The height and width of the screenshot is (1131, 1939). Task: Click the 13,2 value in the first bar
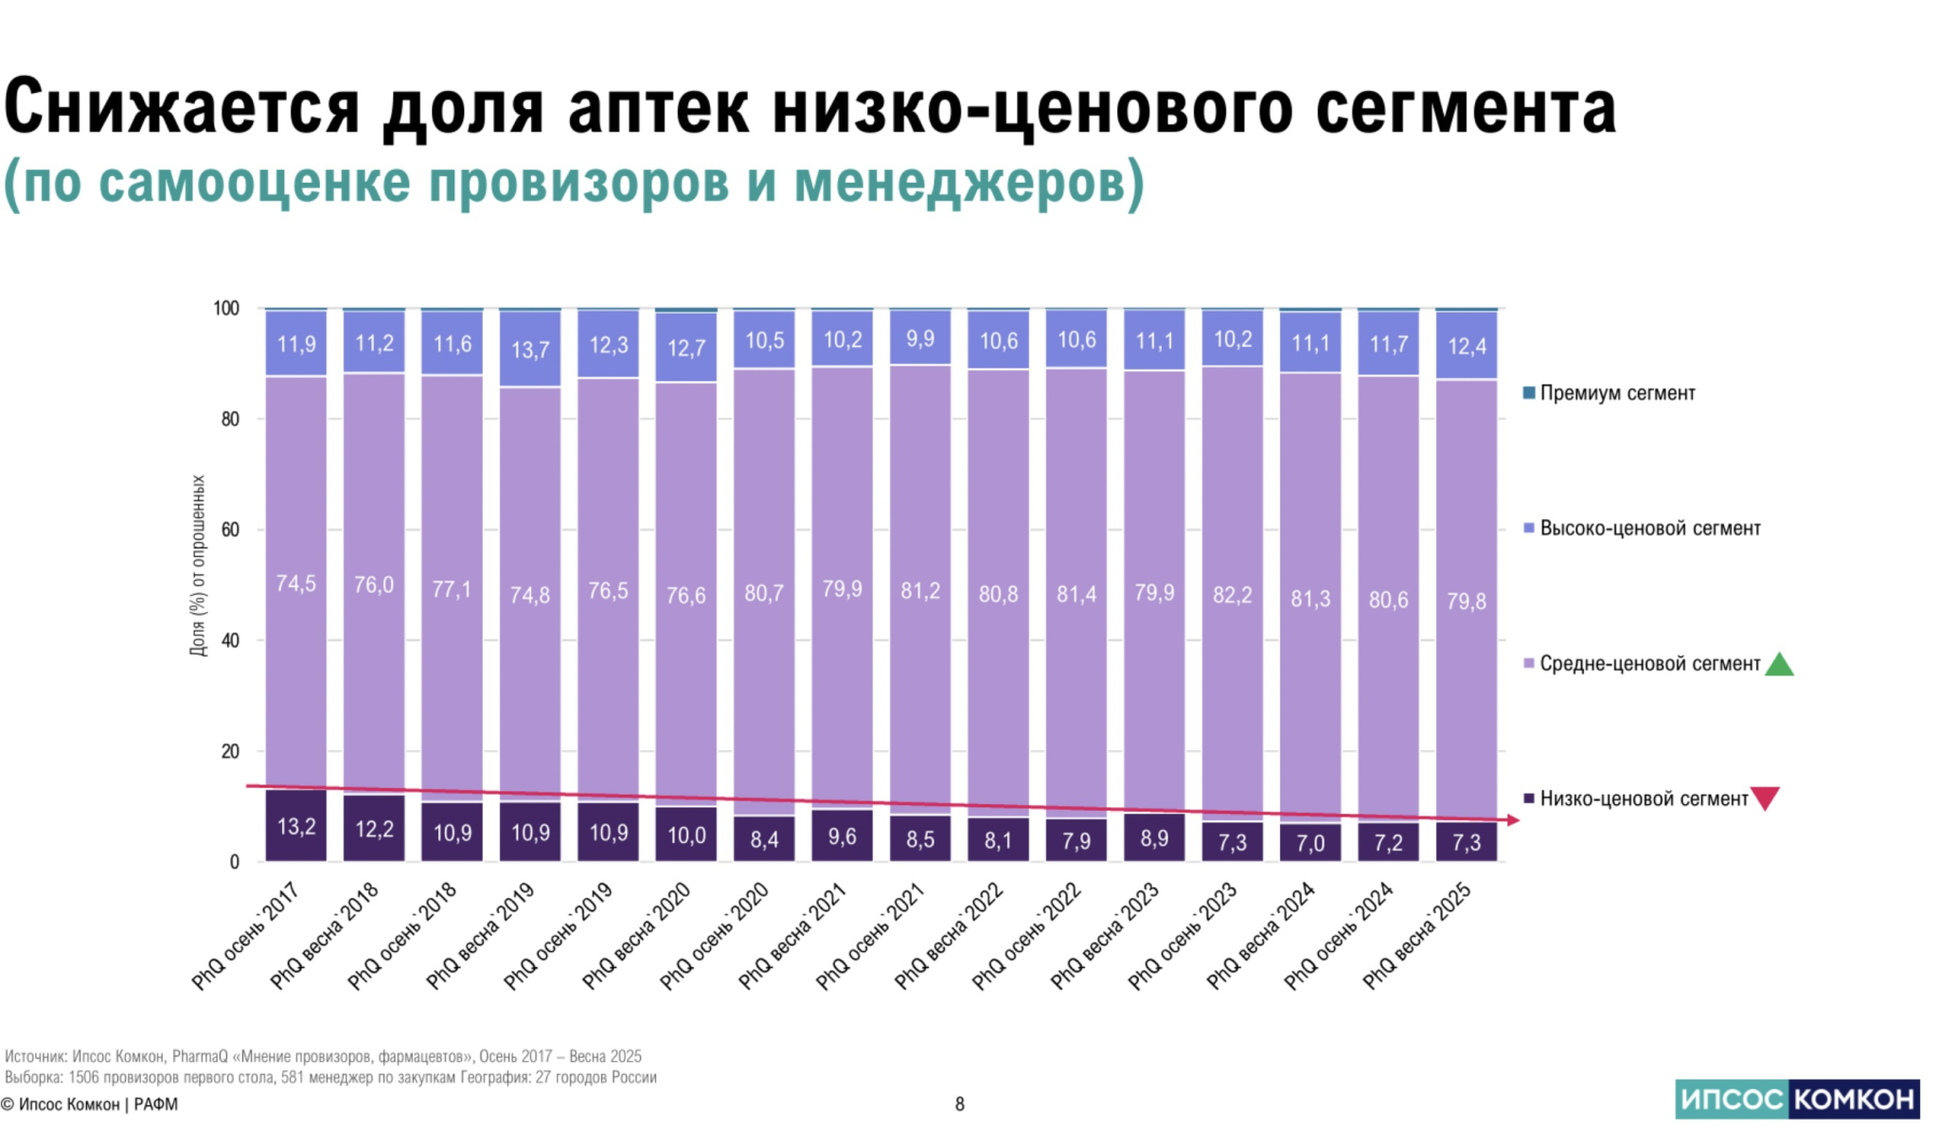[x=296, y=827]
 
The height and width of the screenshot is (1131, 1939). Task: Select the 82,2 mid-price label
[x=1232, y=595]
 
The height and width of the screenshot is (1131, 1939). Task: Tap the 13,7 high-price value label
[x=530, y=350]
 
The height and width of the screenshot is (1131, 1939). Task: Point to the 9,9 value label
[x=920, y=338]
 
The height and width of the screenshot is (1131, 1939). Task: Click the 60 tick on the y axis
[x=230, y=530]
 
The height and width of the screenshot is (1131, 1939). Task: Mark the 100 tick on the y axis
[x=226, y=308]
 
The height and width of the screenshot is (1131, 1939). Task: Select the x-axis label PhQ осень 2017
[x=247, y=935]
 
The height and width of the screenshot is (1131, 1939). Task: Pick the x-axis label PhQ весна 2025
[x=1417, y=935]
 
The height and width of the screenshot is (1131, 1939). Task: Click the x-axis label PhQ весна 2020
[x=637, y=935]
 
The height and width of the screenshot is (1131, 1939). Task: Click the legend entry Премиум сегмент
[x=1616, y=393]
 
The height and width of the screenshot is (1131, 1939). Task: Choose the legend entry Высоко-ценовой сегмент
[x=1649, y=528]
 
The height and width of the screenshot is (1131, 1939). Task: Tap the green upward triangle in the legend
[x=1780, y=664]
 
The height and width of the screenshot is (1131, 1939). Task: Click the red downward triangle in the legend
[x=1766, y=798]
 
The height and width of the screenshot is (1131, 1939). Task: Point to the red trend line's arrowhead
[x=1513, y=820]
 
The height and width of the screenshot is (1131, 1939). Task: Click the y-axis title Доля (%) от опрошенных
[x=198, y=565]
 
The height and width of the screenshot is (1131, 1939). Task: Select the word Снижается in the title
[x=183, y=107]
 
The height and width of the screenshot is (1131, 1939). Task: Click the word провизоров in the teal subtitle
[x=578, y=182]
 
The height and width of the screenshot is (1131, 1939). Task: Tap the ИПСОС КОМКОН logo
[x=1797, y=1099]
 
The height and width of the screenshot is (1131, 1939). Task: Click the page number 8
[x=960, y=1104]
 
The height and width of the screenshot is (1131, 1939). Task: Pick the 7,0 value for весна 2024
[x=1310, y=843]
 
